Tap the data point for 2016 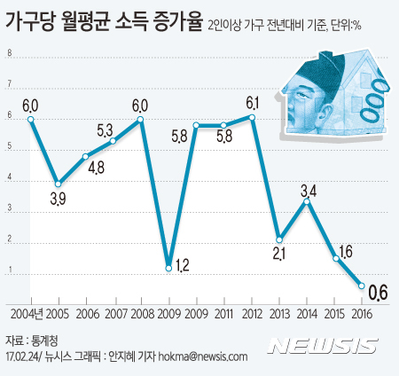(x=362, y=286)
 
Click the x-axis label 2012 (x=252, y=313)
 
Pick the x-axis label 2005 (x=59, y=313)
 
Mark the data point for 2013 (x=279, y=239)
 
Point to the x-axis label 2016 (x=362, y=313)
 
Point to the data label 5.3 (x=104, y=130)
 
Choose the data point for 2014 (x=307, y=201)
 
